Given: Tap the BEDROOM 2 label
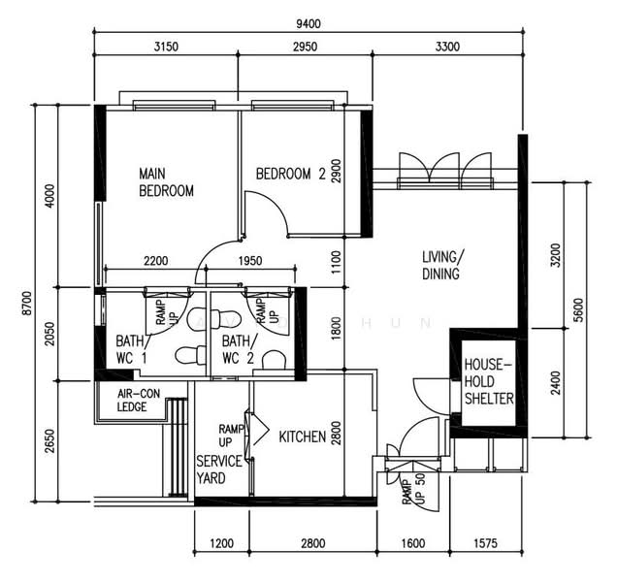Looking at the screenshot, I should [x=290, y=175].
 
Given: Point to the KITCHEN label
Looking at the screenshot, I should [x=303, y=437].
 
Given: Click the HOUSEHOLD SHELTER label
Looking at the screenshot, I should [x=488, y=381].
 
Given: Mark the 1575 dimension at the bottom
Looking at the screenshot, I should [x=490, y=544].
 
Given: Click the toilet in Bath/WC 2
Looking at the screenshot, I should [x=275, y=359].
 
